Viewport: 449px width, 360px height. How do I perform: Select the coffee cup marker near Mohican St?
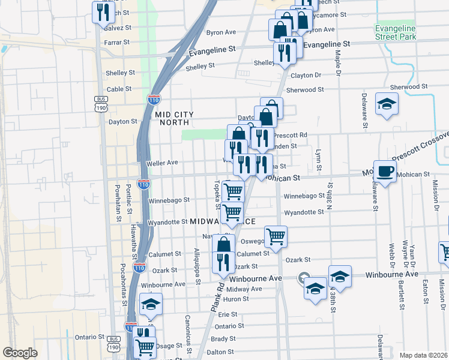tap(385, 172)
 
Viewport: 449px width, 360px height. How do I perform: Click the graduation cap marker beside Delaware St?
tap(387, 104)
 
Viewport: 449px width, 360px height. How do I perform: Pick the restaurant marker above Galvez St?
tap(103, 11)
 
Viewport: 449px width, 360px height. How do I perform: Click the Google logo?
tap(20, 352)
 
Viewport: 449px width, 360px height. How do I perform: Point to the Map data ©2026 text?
tap(423, 355)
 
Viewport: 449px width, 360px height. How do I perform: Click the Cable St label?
tap(119, 89)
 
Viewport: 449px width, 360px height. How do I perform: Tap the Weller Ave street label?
tap(162, 163)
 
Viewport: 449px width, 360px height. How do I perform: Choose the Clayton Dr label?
tap(306, 76)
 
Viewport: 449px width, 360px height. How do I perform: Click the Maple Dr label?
tap(338, 63)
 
